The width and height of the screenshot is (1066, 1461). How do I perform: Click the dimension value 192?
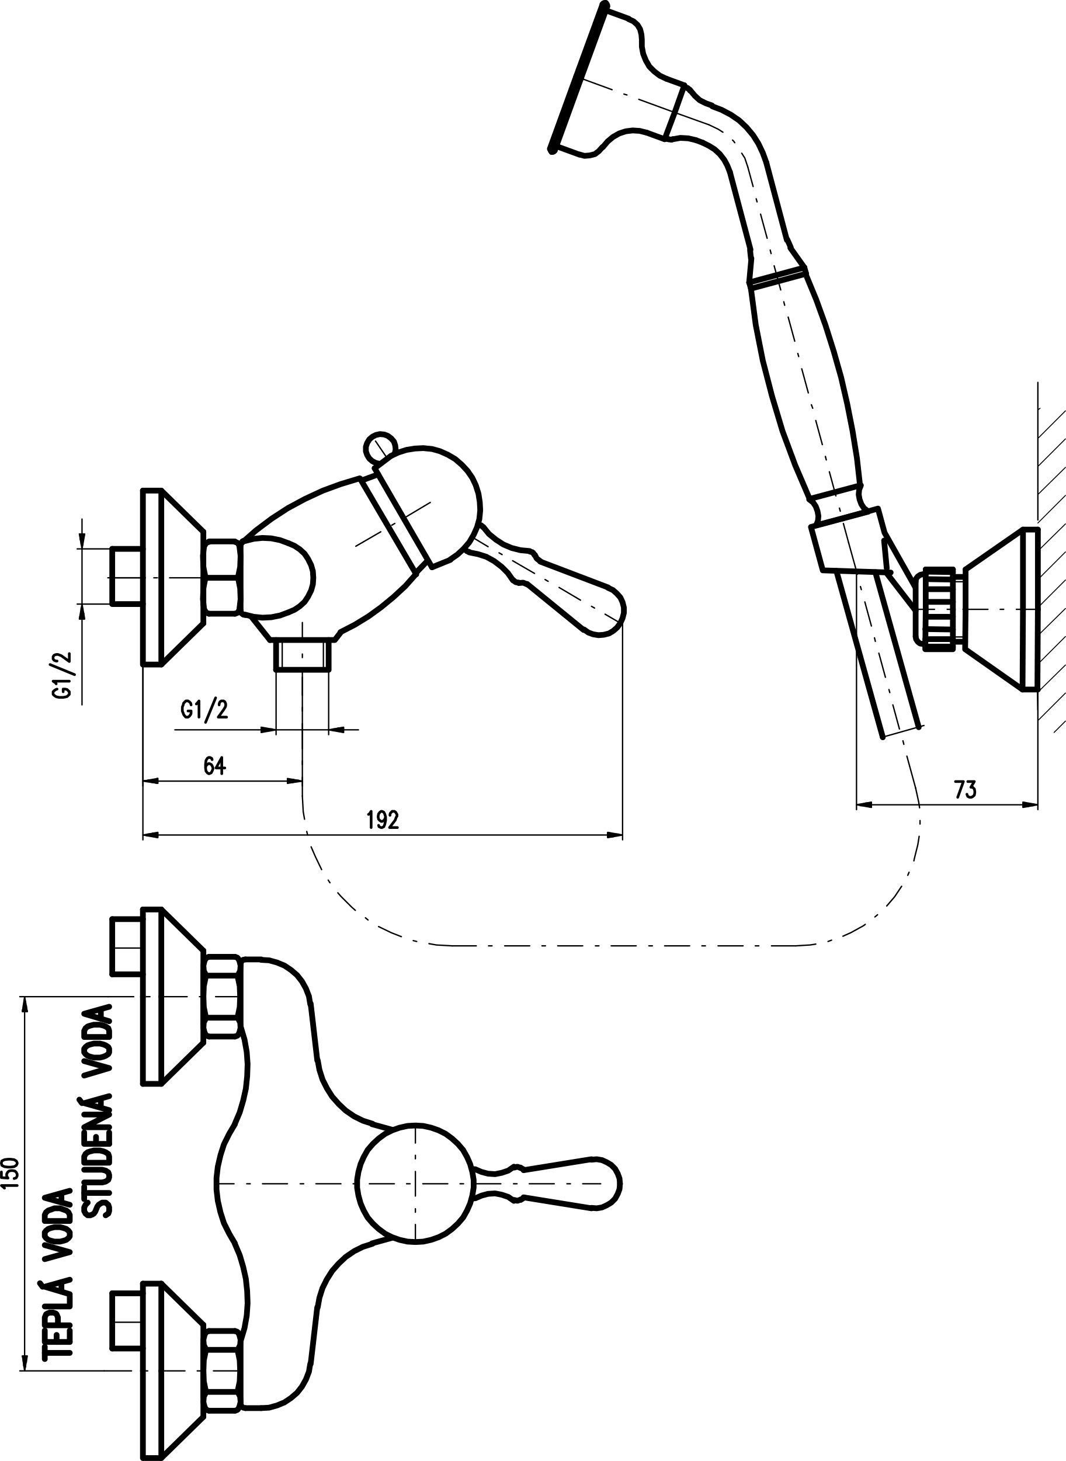[383, 820]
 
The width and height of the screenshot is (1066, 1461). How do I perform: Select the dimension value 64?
[214, 766]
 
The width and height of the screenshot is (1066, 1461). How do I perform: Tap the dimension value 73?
[965, 790]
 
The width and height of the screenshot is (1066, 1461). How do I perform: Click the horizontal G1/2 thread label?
[204, 710]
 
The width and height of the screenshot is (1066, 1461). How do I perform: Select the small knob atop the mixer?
[378, 446]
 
